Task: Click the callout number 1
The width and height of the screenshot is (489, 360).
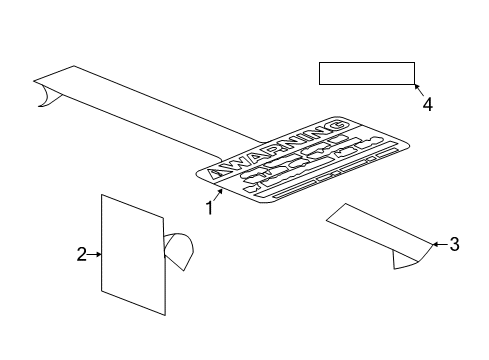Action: pyautogui.click(x=210, y=210)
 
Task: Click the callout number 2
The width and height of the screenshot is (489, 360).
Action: pyautogui.click(x=82, y=255)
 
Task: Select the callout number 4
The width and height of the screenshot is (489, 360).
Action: pyautogui.click(x=427, y=104)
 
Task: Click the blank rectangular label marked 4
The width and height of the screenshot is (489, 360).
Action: pyautogui.click(x=366, y=75)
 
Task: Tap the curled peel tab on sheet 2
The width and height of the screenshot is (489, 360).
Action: pyautogui.click(x=180, y=250)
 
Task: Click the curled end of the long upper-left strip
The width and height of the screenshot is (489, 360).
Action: pyautogui.click(x=43, y=94)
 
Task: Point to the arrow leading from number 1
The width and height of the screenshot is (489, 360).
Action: pyautogui.click(x=219, y=196)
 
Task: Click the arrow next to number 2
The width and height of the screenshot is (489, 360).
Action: pyautogui.click(x=96, y=255)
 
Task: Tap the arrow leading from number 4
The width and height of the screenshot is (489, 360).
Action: pyautogui.click(x=417, y=91)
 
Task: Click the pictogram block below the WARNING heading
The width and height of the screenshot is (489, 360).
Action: pyautogui.click(x=305, y=165)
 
